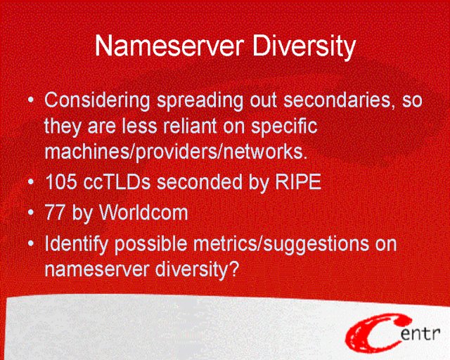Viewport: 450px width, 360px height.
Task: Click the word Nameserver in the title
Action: pos(169,46)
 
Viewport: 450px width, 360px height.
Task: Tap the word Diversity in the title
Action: pos(304,47)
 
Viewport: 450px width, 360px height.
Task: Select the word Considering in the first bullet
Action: pos(97,101)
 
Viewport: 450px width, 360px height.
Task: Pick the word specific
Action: pos(284,127)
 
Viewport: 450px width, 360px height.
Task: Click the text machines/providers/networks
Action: pos(176,152)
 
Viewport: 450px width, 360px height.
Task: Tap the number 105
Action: pos(61,181)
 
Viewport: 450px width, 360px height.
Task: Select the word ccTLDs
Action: pos(117,181)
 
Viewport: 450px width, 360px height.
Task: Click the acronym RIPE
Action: pos(298,181)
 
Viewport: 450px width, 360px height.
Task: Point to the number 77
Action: pos(55,212)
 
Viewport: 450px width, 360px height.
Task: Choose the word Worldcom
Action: pos(143,212)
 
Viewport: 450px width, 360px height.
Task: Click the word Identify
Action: pos(77,245)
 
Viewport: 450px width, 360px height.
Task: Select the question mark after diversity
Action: pos(234,269)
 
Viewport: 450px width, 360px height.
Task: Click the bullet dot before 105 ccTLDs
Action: pos(31,181)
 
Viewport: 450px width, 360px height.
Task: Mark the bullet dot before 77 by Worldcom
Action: pos(31,212)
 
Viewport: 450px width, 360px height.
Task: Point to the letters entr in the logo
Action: pos(420,333)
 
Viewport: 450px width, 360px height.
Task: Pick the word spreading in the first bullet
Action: pos(200,101)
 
